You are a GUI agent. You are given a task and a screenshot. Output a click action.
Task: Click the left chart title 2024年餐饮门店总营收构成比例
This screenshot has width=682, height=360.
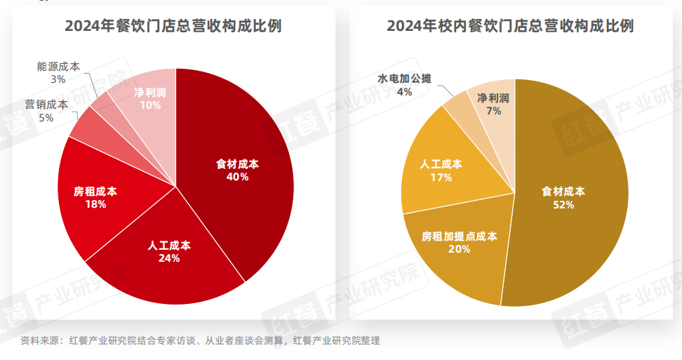[x=173, y=27]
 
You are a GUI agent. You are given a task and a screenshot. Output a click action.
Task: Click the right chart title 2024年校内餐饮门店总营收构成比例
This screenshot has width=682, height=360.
[x=510, y=27]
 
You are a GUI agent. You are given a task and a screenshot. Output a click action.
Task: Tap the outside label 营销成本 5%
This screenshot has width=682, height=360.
[x=46, y=111]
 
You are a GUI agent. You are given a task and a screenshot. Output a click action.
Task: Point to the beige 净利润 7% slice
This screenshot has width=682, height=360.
[x=495, y=105]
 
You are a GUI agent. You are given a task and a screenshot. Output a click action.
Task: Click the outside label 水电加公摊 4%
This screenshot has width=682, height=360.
[x=404, y=85]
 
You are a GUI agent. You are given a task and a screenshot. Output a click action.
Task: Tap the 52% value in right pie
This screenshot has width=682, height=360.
[x=563, y=205]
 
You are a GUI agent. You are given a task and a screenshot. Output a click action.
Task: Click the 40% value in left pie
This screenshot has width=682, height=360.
[x=237, y=177]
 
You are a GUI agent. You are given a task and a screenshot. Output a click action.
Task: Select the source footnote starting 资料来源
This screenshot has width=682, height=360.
[x=200, y=341]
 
